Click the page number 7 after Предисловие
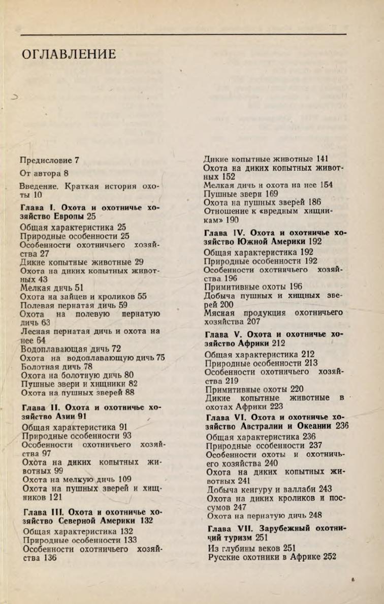[x=77, y=161]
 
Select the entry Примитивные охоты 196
[x=246, y=287]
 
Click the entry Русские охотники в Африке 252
[x=272, y=557]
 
